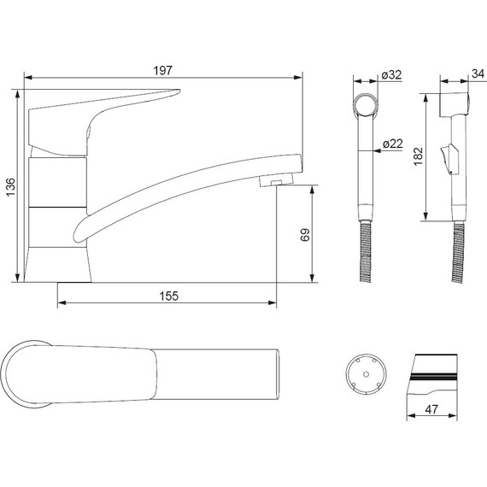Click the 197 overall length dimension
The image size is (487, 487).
[162, 71]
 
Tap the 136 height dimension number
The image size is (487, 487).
[11, 187]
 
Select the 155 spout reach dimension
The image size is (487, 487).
[169, 296]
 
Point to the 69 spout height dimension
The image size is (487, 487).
[305, 235]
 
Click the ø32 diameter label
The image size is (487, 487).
[391, 75]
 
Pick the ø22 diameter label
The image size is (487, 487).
[392, 144]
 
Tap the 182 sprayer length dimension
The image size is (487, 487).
[419, 156]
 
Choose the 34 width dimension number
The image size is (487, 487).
[478, 74]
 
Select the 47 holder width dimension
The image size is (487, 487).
[431, 409]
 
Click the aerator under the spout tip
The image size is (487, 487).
[276, 179]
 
